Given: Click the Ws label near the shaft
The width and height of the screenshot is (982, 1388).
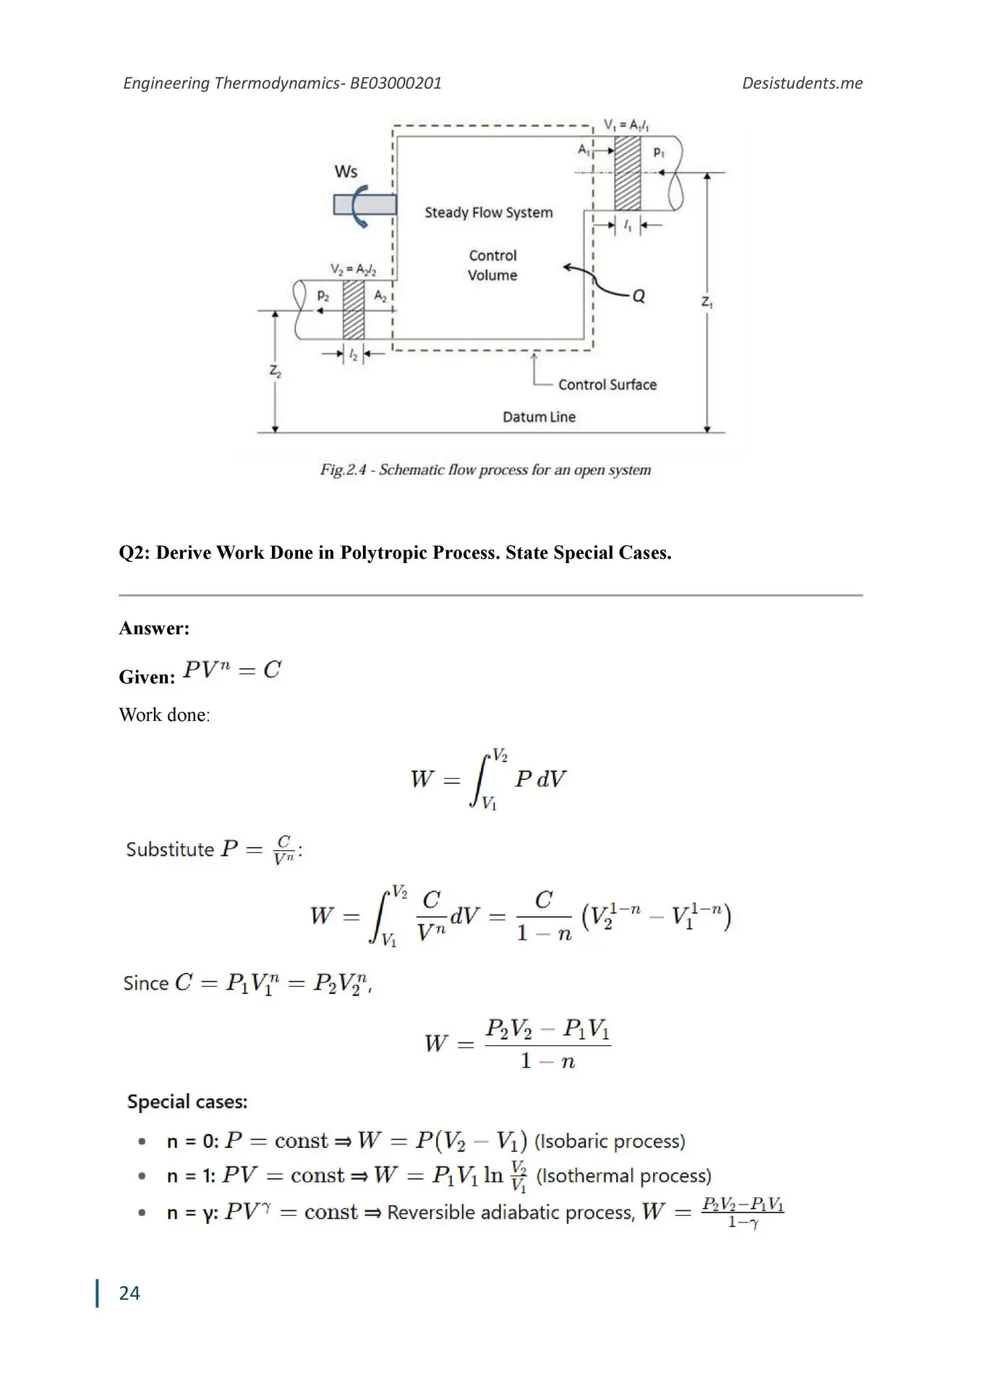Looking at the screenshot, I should pyautogui.click(x=346, y=172).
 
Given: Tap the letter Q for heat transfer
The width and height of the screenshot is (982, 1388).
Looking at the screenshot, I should pyautogui.click(x=639, y=296).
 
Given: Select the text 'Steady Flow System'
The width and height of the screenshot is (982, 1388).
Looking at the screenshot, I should pyautogui.click(x=488, y=213).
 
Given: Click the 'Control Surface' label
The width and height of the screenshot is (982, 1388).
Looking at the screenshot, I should pyautogui.click(x=607, y=385).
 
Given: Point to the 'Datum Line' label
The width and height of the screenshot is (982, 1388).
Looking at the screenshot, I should pyautogui.click(x=539, y=417).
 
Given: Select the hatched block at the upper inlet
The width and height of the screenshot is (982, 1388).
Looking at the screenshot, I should pyautogui.click(x=627, y=173).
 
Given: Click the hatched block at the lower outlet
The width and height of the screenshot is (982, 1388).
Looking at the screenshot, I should pyautogui.click(x=353, y=309).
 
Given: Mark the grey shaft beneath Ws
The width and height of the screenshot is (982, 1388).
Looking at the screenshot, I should pyautogui.click(x=364, y=205).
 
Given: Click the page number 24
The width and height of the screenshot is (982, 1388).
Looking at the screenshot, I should pyautogui.click(x=129, y=1293).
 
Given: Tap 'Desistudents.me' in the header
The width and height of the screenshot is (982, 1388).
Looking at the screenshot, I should pyautogui.click(x=802, y=83).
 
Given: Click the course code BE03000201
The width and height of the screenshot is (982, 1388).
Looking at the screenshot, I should pyautogui.click(x=396, y=83).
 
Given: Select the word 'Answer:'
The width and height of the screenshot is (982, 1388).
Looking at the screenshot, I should pyautogui.click(x=154, y=628).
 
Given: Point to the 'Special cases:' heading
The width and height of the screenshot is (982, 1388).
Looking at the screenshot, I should pyautogui.click(x=187, y=1102).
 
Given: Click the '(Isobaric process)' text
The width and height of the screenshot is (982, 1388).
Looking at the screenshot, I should pyautogui.click(x=610, y=1141).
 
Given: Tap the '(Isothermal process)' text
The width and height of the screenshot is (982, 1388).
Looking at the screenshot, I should pyautogui.click(x=623, y=1176).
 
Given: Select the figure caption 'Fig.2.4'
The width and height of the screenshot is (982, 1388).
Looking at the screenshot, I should pyautogui.click(x=343, y=470).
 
